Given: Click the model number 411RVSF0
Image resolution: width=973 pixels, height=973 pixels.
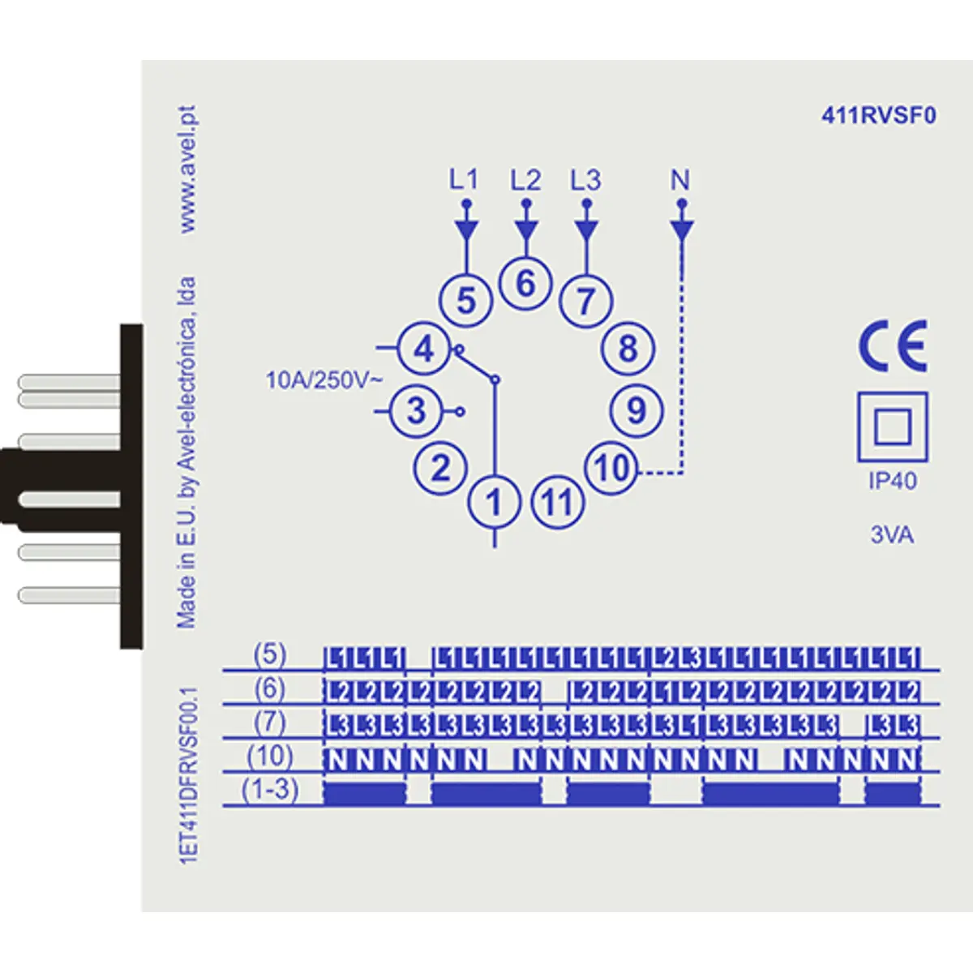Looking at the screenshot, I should (x=879, y=116).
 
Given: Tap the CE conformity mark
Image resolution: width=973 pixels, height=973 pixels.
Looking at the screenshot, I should (x=893, y=345).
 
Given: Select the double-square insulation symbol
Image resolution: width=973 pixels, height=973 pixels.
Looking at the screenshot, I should (x=892, y=426).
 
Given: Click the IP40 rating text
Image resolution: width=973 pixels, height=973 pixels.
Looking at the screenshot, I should (x=893, y=481).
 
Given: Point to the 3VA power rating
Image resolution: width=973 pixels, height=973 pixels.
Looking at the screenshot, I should (x=892, y=535).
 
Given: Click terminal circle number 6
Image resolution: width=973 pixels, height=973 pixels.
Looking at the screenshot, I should (x=525, y=284).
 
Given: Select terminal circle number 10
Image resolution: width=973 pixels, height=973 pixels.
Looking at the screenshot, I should (x=612, y=468).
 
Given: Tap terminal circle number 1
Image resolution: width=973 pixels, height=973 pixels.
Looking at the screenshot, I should (x=494, y=503).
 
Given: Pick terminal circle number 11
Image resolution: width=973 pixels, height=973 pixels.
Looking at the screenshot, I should (x=557, y=503).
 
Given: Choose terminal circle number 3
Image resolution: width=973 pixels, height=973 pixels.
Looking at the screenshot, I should (x=416, y=410).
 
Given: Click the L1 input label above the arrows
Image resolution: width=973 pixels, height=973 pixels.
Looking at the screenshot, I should (x=465, y=180).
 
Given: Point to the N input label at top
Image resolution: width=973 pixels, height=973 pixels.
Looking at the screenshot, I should (x=680, y=180).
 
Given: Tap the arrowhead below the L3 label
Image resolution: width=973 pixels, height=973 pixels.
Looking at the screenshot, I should (x=585, y=230).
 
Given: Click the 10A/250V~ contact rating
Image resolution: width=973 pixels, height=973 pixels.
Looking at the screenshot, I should (x=323, y=379).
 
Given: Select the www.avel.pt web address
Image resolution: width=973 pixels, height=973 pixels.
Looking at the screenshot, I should (x=188, y=169).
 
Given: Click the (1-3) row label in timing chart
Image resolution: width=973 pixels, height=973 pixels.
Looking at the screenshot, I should (x=270, y=789).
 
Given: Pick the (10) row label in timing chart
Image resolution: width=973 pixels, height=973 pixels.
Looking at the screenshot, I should (x=270, y=756).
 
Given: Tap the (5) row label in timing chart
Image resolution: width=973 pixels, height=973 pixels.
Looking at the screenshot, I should (x=270, y=654).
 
